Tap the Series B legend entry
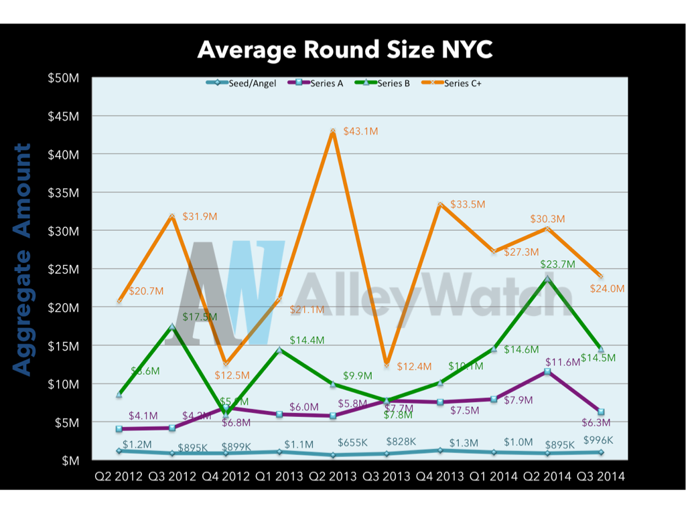tap(393, 83)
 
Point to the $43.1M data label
tap(360, 132)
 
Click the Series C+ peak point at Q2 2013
tap(332, 131)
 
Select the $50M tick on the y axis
tap(64, 78)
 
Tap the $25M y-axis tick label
tap(64, 269)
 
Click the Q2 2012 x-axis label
tap(119, 477)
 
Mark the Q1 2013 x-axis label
tap(279, 477)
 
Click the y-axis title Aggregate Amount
tap(22, 259)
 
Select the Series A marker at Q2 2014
tap(547, 371)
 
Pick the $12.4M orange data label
tap(414, 367)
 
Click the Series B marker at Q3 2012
tap(172, 327)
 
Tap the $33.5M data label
tap(468, 204)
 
